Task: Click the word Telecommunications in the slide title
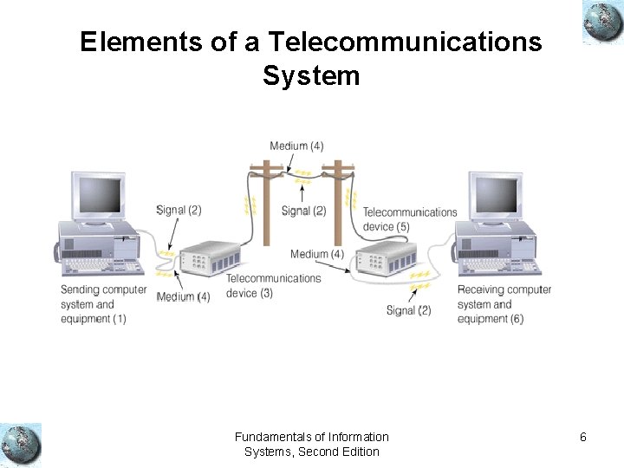[405, 42]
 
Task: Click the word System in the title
[311, 75]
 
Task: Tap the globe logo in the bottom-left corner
[21, 445]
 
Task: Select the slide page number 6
[583, 438]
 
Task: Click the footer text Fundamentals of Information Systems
[311, 444]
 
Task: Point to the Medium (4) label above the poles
[296, 146]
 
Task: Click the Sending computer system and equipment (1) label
[102, 304]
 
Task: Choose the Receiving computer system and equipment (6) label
[504, 304]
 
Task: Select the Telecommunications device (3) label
[273, 286]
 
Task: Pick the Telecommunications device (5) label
[409, 219]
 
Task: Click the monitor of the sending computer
[98, 197]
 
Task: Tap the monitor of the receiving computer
[495, 197]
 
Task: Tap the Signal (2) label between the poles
[303, 211]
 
